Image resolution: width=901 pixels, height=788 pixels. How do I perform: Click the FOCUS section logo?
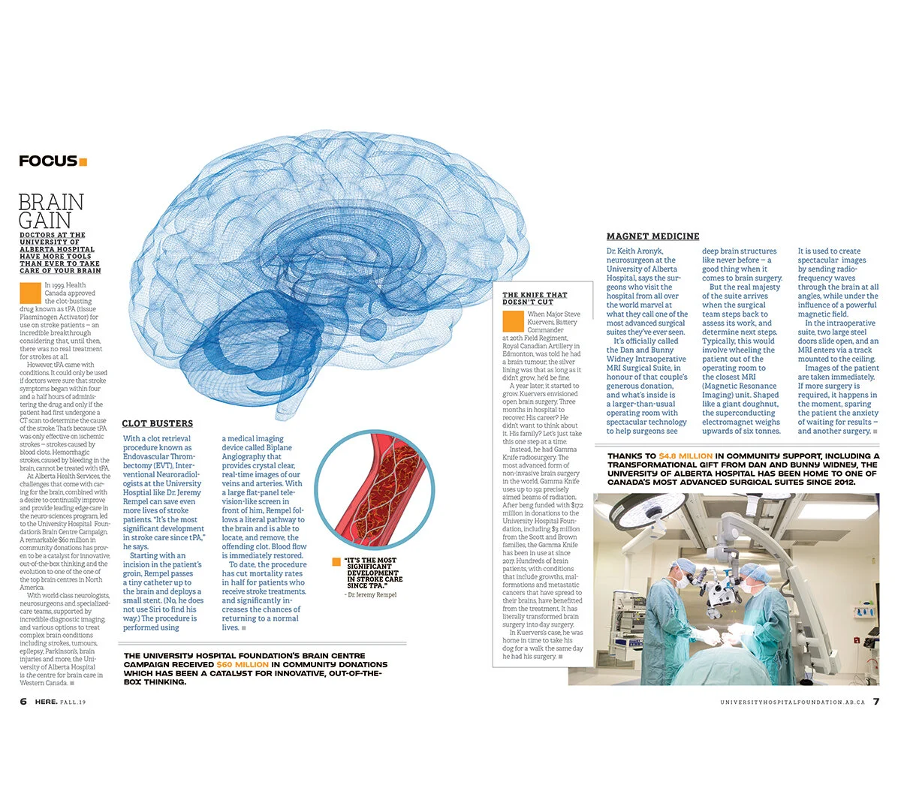pyautogui.click(x=48, y=161)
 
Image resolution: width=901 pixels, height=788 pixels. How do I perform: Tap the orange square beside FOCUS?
pyautogui.click(x=83, y=161)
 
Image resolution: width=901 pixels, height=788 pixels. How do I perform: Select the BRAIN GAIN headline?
pyautogui.click(x=51, y=211)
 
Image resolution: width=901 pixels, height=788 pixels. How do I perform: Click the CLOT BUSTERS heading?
pyautogui.click(x=158, y=423)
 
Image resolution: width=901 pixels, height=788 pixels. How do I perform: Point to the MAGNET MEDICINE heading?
pyautogui.click(x=652, y=236)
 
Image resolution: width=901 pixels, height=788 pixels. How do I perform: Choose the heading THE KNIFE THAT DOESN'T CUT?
pyautogui.click(x=535, y=298)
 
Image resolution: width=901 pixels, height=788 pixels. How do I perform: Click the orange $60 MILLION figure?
pyautogui.click(x=242, y=665)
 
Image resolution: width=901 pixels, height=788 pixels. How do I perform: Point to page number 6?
pyautogui.click(x=23, y=701)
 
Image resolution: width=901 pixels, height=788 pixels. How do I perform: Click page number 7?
pyautogui.click(x=875, y=702)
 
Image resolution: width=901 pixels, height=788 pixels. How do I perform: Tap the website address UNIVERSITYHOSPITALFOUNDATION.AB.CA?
pyautogui.click(x=791, y=702)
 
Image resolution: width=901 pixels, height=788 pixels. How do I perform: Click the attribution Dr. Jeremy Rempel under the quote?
pyautogui.click(x=371, y=594)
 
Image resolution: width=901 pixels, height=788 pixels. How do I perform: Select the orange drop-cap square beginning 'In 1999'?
pyautogui.click(x=30, y=292)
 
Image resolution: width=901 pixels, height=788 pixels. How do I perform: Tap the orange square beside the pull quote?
pyautogui.click(x=336, y=561)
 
